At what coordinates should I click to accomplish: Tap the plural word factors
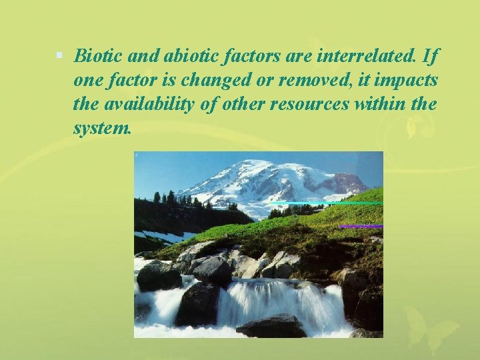[x=232, y=55]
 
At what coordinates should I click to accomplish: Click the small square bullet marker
[x=60, y=55]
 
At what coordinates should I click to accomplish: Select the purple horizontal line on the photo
[x=360, y=227]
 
